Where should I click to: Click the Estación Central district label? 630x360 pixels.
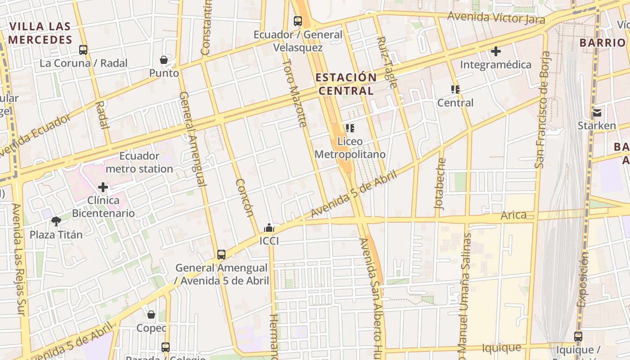[346, 84]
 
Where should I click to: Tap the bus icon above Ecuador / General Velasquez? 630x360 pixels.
[297, 21]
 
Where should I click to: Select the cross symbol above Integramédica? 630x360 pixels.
[495, 51]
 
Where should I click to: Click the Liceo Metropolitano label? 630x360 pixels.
[350, 148]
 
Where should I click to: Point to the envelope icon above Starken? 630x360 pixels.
[597, 112]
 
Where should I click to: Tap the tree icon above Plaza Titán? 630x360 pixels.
[56, 221]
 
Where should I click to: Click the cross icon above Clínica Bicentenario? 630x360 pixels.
[103, 187]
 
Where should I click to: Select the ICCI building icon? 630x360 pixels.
[269, 228]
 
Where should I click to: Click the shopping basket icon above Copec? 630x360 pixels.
[151, 315]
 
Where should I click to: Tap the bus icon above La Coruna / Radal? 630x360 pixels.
[83, 49]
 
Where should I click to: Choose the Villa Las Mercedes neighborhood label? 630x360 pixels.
[40, 33]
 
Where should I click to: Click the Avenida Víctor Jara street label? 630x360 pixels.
[496, 18]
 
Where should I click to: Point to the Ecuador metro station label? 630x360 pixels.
[139, 162]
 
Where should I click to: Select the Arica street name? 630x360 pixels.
[513, 215]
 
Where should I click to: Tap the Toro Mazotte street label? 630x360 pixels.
[294, 93]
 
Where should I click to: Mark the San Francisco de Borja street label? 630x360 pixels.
[542, 110]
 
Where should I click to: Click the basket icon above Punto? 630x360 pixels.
[164, 60]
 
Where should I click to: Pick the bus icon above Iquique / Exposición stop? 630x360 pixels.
[578, 336]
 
